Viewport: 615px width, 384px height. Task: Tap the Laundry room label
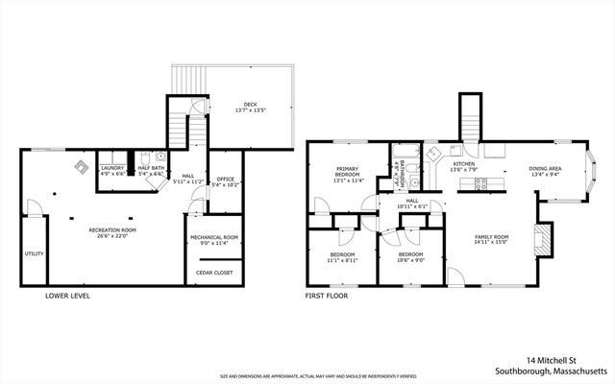click(113, 167)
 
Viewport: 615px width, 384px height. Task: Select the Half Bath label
click(150, 167)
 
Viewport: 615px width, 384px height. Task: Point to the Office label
click(226, 179)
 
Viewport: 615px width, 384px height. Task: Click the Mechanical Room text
click(213, 236)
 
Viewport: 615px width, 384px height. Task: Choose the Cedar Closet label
click(213, 273)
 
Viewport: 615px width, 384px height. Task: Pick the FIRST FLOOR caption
click(327, 296)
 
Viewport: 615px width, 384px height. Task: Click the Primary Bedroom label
click(346, 171)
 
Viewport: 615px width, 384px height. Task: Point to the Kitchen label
click(464, 164)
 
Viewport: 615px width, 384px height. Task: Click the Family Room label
click(491, 236)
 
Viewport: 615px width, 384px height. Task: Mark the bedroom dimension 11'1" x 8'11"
click(342, 259)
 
